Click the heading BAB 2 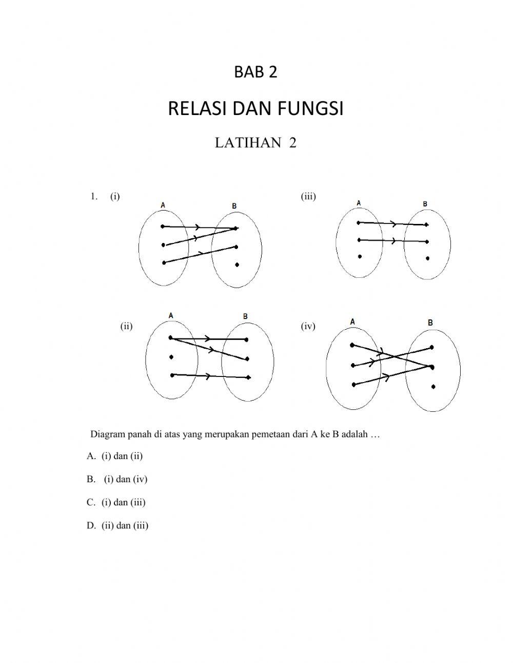point(255,72)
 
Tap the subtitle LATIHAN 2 point(255,143)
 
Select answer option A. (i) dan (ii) point(115,456)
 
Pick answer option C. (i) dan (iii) point(116,502)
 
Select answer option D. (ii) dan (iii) point(117,525)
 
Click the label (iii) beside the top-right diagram point(308,196)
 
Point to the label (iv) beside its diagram point(308,326)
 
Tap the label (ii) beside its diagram point(126,326)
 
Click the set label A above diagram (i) point(163,205)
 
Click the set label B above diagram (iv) point(430,323)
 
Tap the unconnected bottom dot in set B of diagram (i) point(236,264)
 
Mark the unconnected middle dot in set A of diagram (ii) point(171,357)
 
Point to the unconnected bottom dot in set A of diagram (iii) point(360,256)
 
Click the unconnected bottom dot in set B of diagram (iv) point(433,386)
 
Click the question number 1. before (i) point(93,196)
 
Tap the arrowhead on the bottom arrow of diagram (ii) point(207,376)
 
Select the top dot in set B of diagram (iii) point(427,225)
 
